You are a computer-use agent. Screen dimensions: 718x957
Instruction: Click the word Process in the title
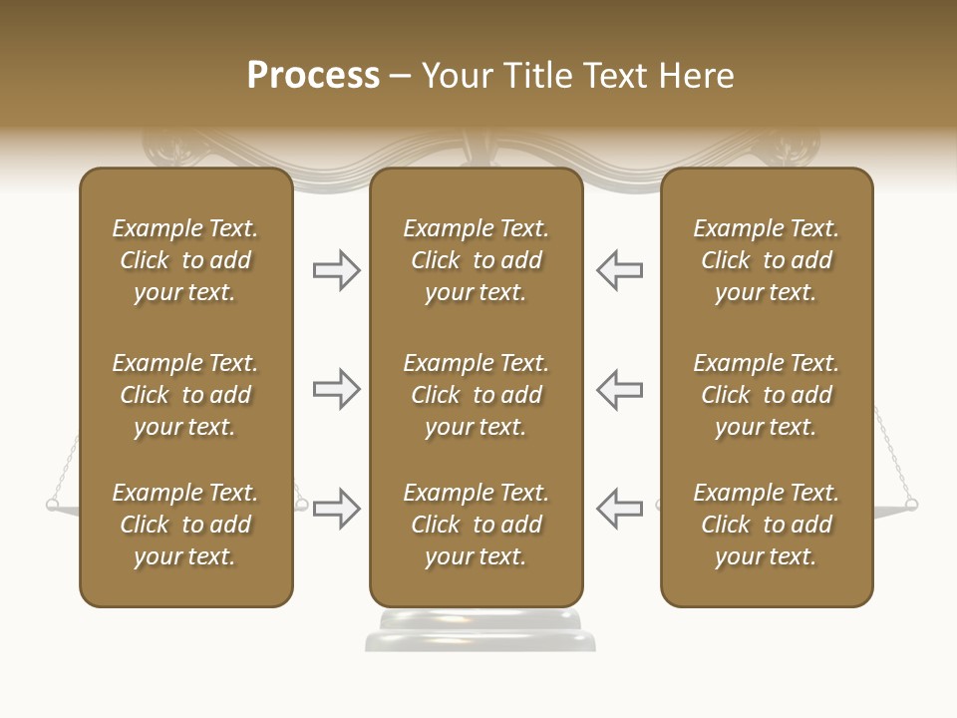coord(313,76)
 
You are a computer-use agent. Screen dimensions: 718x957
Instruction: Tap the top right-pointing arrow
coord(336,269)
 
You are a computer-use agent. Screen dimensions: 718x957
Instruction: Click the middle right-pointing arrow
coord(336,389)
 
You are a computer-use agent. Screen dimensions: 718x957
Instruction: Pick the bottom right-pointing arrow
coord(336,509)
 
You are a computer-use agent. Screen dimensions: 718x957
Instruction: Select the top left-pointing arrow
coord(619,269)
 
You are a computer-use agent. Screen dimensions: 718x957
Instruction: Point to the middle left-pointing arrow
coord(619,389)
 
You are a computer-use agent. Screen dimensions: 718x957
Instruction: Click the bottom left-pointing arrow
coord(619,509)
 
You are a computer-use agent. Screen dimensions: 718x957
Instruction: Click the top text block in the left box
coord(185,260)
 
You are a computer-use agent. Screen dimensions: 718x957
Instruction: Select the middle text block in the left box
coord(185,395)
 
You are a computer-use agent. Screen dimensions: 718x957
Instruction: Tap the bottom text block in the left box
coord(185,525)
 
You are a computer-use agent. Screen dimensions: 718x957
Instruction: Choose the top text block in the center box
coord(476,260)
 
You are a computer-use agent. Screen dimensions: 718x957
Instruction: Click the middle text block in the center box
coord(476,395)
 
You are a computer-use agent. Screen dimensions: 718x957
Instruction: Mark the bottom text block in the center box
coord(476,525)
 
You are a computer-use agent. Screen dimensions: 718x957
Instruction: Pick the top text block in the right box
coord(766,260)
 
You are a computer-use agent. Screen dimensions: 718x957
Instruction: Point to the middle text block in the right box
coord(766,395)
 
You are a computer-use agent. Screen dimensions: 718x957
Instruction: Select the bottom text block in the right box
coord(766,525)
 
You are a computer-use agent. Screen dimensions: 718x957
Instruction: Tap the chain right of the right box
coord(894,454)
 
